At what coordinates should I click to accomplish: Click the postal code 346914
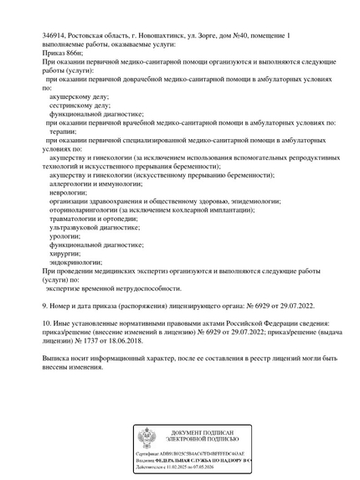(x=54, y=35)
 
